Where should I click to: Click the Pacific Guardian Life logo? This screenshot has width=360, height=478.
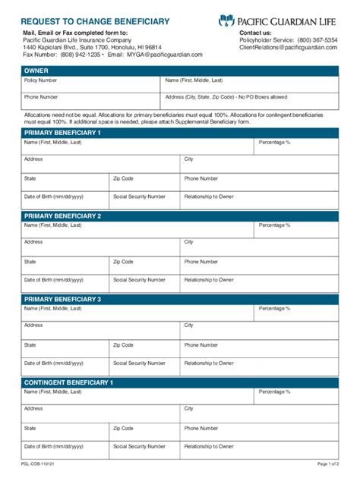(288, 21)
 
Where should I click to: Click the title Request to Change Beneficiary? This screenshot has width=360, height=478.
(95, 22)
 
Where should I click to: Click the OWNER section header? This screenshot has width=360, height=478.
(179, 71)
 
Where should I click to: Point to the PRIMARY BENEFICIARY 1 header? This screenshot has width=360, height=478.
(179, 133)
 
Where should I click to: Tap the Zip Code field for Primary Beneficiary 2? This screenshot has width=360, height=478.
(144, 266)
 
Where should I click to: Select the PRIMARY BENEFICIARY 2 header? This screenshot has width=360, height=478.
(179, 216)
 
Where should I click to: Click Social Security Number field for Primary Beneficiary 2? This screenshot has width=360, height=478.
(144, 284)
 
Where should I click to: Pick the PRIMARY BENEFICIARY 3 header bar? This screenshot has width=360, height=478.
(179, 300)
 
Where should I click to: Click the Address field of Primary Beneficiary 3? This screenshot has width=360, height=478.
(101, 330)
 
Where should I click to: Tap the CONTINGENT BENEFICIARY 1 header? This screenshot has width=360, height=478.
(179, 383)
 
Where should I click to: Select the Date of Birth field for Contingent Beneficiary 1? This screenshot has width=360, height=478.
(65, 451)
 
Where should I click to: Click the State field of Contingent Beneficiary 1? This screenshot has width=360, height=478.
(65, 432)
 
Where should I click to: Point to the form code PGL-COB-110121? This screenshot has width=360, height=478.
(36, 464)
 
